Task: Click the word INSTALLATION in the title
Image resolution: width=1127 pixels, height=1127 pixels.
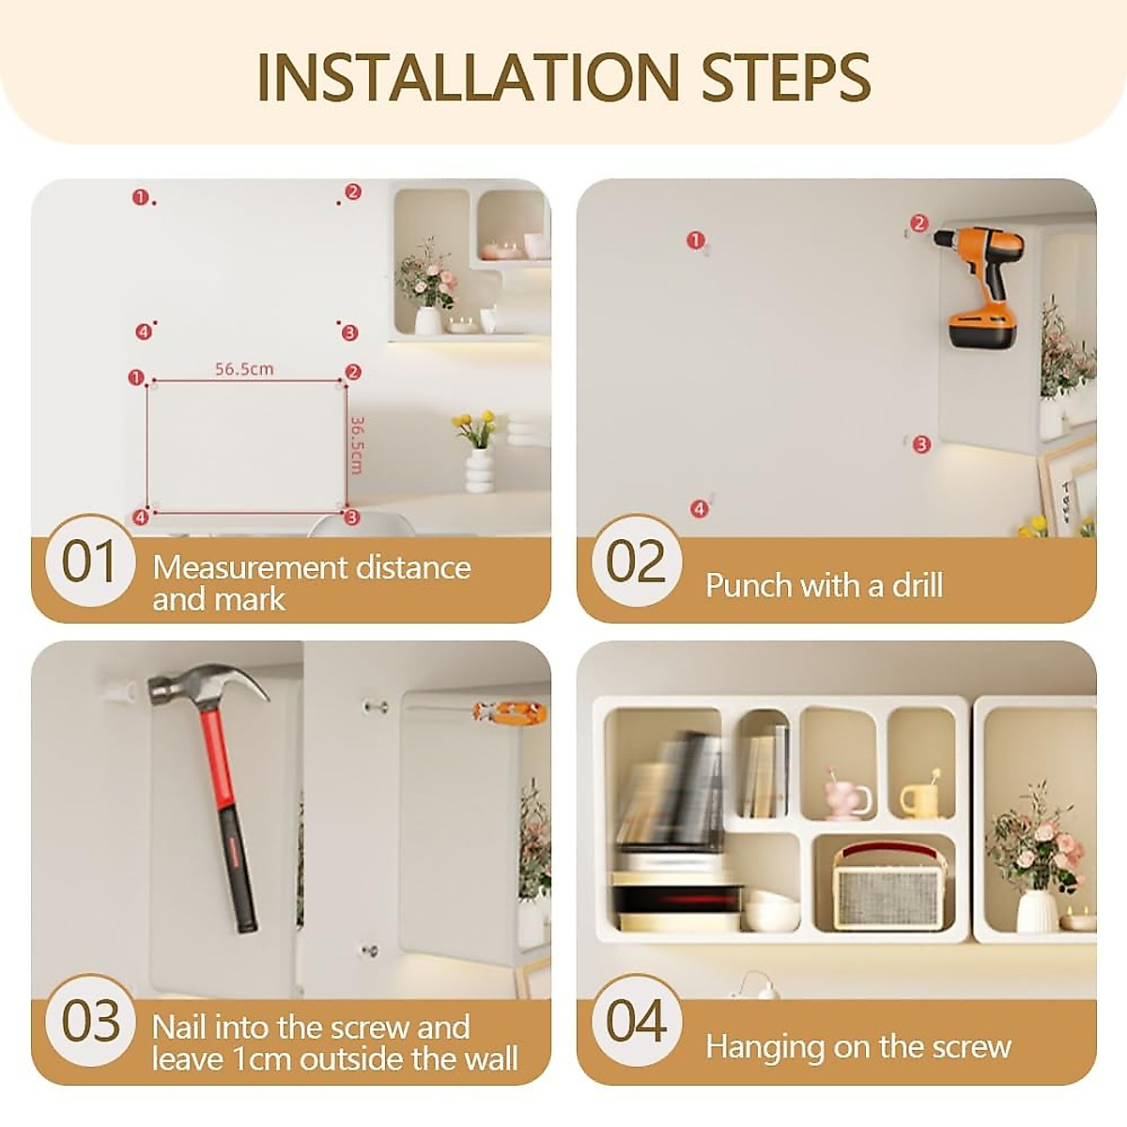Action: [468, 77]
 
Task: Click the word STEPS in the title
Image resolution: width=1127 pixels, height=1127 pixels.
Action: [786, 77]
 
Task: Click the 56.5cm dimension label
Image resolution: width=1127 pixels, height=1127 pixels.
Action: [244, 369]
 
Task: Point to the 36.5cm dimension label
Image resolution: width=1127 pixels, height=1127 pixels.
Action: [356, 445]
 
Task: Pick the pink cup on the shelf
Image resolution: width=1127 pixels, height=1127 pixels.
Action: [846, 793]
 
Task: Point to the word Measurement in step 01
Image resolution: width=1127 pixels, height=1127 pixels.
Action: [248, 568]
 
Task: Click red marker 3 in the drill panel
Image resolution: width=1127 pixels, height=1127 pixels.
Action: [921, 444]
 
